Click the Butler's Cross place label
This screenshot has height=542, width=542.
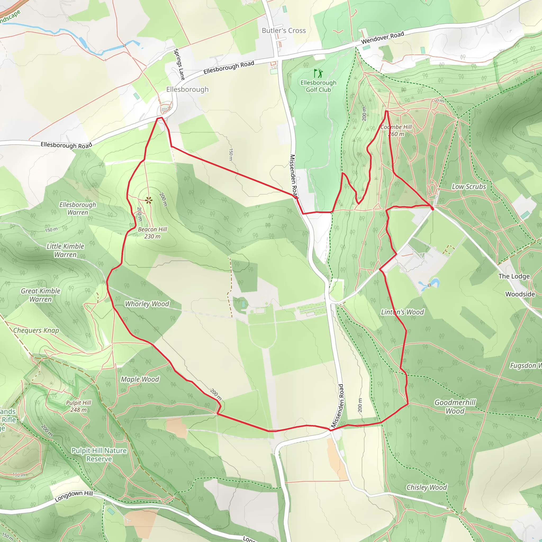click(x=284, y=31)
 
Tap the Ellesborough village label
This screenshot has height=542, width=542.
click(x=187, y=89)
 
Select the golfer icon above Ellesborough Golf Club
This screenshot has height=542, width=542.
click(x=318, y=74)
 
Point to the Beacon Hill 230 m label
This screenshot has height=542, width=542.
click(x=152, y=233)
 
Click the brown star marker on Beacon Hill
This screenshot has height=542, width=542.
click(x=149, y=200)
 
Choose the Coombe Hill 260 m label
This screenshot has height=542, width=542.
click(x=396, y=130)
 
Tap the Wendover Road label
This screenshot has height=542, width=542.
click(x=382, y=38)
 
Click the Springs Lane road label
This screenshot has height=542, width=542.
click(x=179, y=64)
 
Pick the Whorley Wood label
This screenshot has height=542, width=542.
click(x=147, y=304)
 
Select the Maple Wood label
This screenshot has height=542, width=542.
click(x=140, y=379)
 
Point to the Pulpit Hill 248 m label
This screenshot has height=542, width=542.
click(x=79, y=406)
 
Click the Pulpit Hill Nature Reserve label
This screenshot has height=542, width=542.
click(x=99, y=454)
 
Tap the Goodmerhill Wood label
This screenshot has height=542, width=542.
click(x=455, y=406)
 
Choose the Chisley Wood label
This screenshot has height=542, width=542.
click(x=426, y=487)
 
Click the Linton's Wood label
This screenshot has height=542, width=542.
click(x=402, y=312)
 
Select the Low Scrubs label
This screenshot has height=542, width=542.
click(x=469, y=187)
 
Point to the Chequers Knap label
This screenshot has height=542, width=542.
click(x=36, y=331)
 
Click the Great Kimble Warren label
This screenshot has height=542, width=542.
click(x=41, y=295)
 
